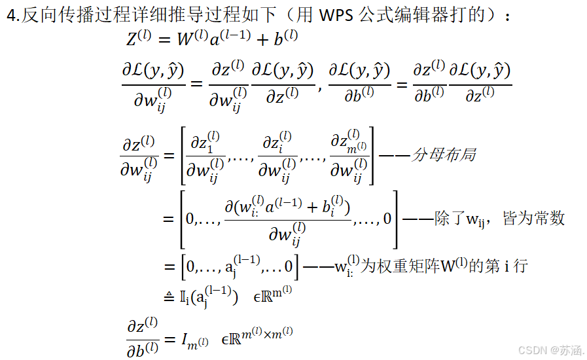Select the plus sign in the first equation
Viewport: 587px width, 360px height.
(262, 40)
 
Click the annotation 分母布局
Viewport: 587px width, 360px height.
(442, 155)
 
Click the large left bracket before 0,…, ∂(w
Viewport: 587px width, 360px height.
(183, 219)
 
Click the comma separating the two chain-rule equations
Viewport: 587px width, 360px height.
(320, 87)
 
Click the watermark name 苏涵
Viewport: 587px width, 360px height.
(571, 350)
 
